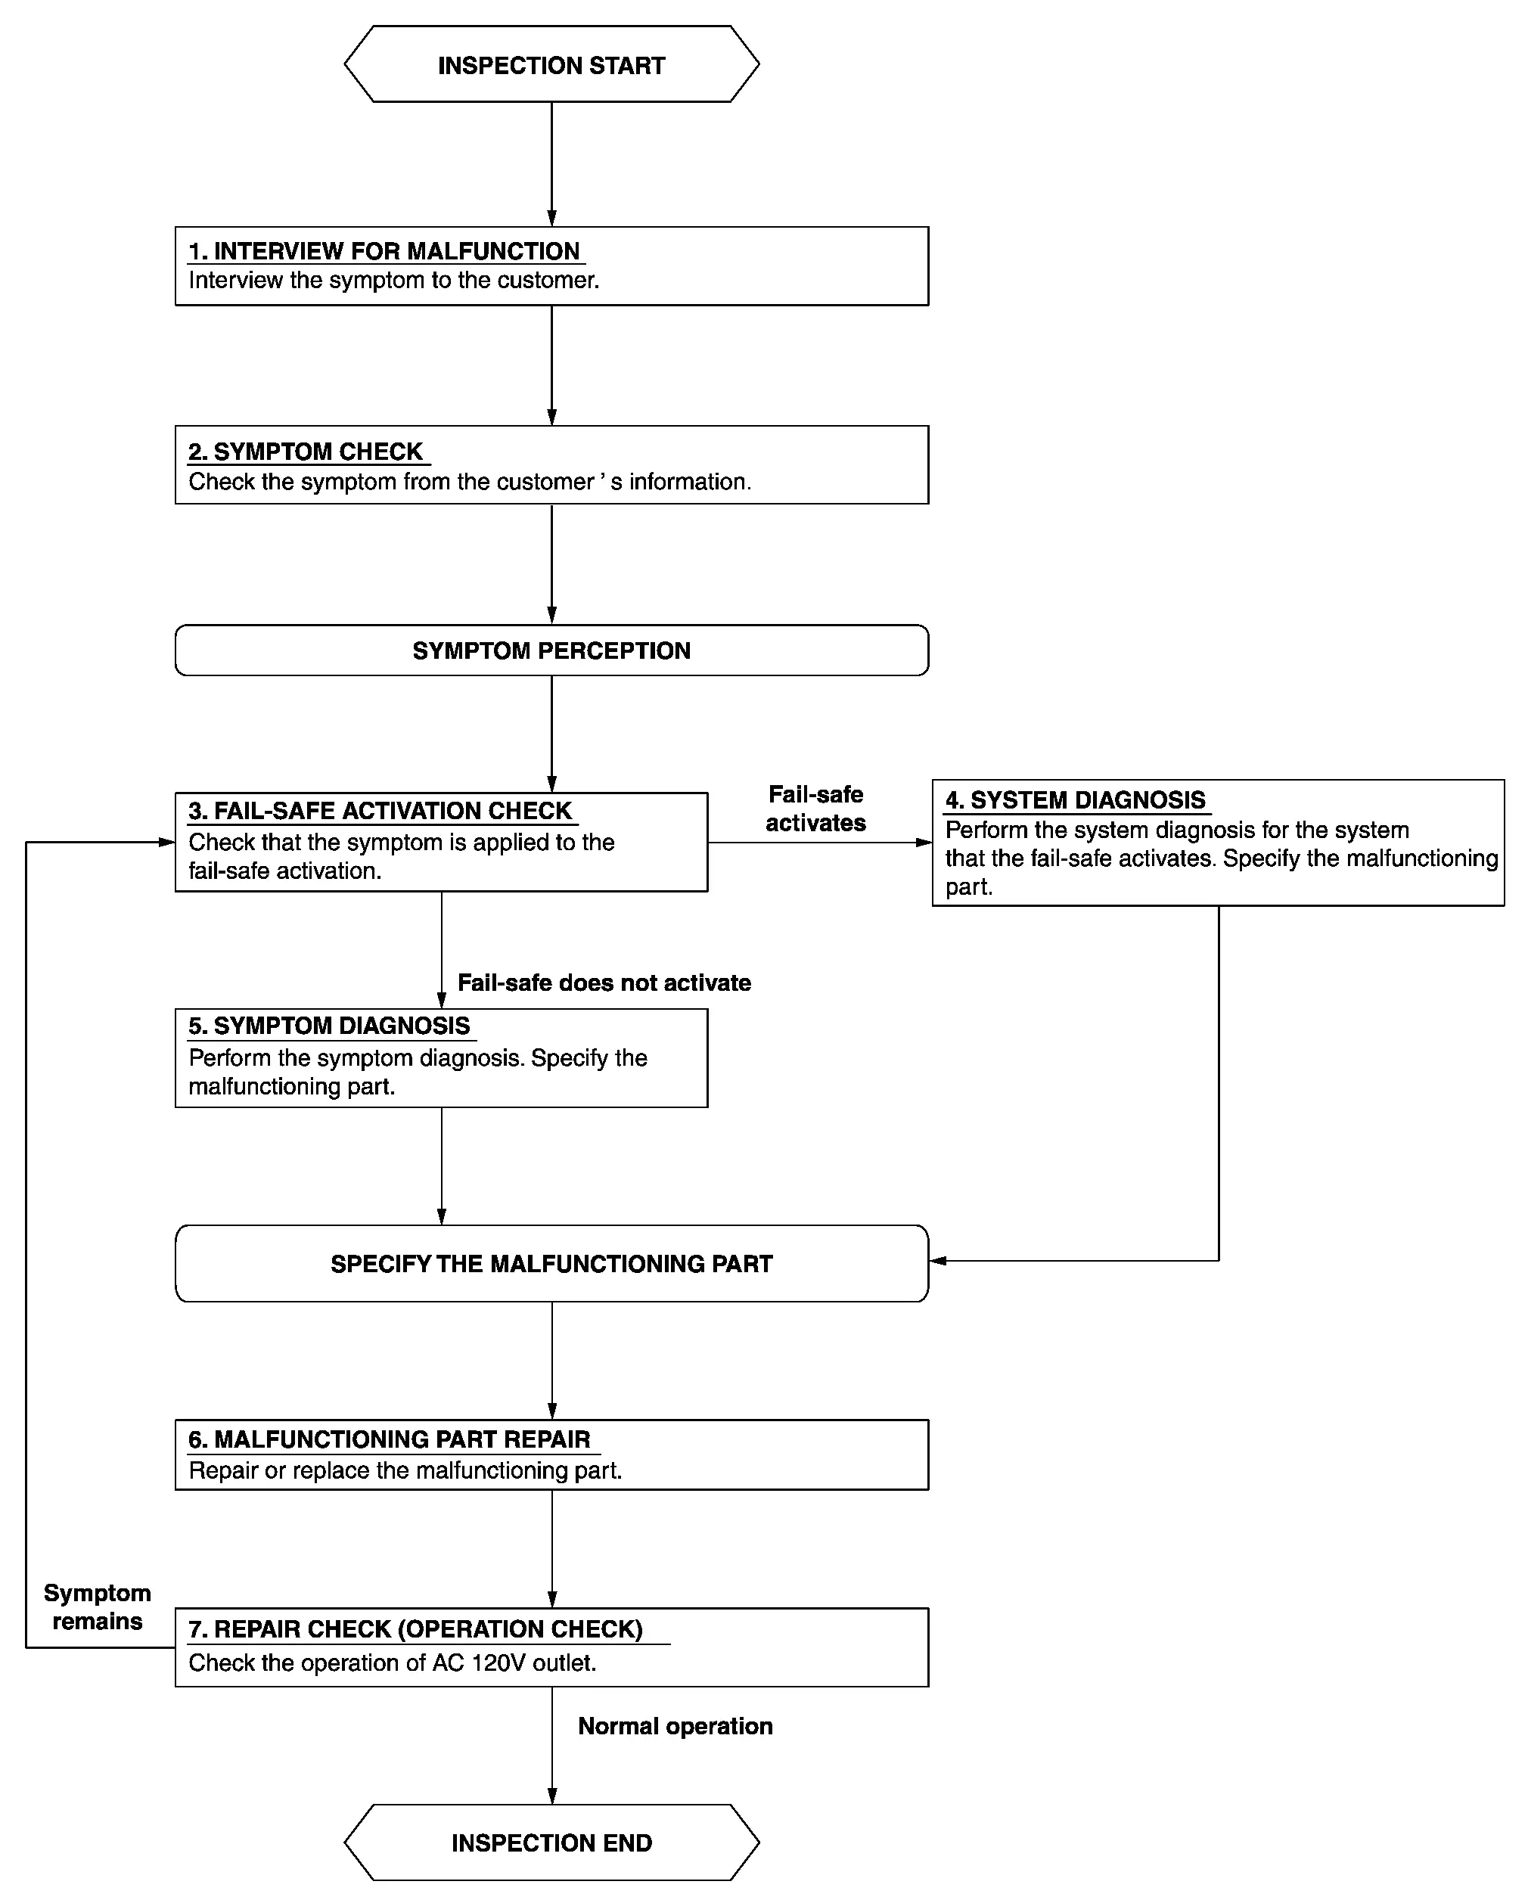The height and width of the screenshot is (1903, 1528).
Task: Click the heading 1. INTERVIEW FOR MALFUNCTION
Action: [384, 252]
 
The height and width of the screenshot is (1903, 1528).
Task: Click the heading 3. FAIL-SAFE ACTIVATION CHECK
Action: [380, 811]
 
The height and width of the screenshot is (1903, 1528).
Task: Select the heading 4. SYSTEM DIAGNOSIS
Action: [1075, 800]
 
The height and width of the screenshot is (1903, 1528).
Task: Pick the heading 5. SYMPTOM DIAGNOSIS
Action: [329, 1026]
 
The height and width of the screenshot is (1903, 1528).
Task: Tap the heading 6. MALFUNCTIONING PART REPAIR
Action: [390, 1439]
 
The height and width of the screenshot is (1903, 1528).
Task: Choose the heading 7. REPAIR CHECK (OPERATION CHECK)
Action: [416, 1629]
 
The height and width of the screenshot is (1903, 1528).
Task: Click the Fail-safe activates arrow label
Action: [815, 809]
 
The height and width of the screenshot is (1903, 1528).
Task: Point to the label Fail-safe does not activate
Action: [604, 983]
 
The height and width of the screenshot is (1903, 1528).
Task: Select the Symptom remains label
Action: [97, 1607]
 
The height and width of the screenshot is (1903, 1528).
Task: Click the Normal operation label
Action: [675, 1727]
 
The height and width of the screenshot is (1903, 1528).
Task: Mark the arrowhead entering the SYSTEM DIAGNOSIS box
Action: [924, 843]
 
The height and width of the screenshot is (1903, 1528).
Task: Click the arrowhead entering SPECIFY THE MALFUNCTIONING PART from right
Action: [938, 1262]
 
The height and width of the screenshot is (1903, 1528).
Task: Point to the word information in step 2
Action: [689, 482]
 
